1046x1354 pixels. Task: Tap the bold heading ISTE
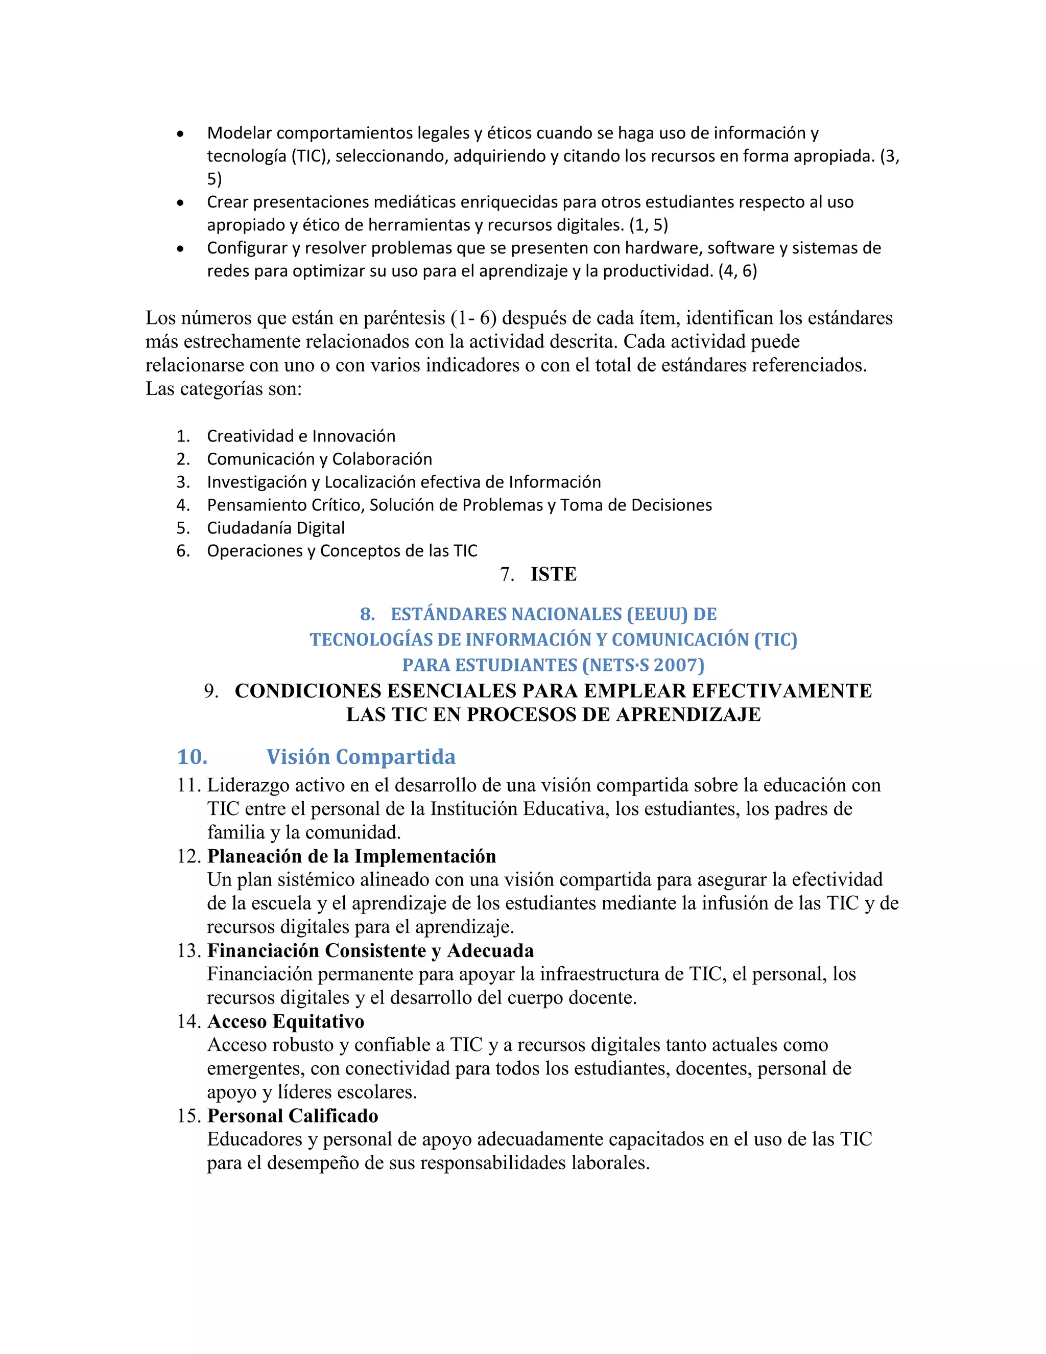click(553, 575)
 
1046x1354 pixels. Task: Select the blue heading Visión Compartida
click(361, 757)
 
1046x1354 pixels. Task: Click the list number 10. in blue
click(192, 757)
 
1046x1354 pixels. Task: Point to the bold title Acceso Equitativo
click(286, 1021)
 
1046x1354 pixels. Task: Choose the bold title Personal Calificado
click(293, 1115)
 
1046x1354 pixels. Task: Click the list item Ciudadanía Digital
click(276, 528)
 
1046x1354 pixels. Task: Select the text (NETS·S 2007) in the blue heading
click(643, 665)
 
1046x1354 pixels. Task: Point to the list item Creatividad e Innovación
click(301, 436)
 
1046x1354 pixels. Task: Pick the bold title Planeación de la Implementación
click(351, 856)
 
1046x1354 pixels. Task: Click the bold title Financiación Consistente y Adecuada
click(371, 950)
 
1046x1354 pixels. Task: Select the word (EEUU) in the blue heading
click(657, 614)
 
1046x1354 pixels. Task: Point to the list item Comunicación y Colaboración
click(319, 459)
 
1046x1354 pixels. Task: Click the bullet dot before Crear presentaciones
click(180, 203)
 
